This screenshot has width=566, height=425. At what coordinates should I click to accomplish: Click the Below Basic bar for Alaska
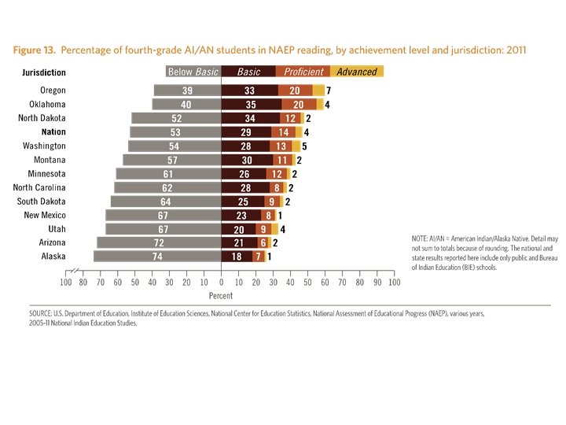point(157,256)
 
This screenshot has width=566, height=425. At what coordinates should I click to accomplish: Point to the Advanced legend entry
point(357,72)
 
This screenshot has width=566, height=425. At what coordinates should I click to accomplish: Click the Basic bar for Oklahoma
point(252,104)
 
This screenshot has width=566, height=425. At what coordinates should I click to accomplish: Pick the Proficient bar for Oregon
point(295,91)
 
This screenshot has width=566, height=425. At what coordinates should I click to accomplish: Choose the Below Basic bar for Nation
point(175,131)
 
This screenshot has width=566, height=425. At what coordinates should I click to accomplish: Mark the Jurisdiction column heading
point(43,72)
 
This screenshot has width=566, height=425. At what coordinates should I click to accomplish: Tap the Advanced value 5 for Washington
point(304,146)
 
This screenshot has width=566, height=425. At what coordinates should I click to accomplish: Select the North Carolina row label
point(39,187)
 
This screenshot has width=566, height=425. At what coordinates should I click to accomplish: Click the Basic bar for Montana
point(247,160)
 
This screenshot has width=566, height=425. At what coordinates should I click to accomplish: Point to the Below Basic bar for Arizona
point(159,242)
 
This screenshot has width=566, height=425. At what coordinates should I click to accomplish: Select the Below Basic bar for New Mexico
point(163,215)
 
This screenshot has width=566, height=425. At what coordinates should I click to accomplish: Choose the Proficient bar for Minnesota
point(277,173)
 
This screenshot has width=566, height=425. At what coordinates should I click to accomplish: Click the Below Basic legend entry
point(193,72)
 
